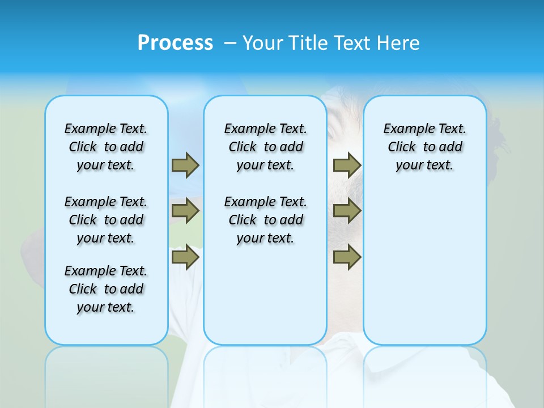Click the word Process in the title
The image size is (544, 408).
(x=175, y=43)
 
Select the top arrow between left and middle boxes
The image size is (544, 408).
(x=185, y=165)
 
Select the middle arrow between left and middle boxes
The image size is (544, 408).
(x=185, y=211)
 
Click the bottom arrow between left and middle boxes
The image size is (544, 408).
(x=185, y=257)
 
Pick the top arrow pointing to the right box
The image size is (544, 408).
(x=347, y=165)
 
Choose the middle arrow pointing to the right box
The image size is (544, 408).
(x=347, y=211)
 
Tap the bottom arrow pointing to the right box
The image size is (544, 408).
(x=347, y=257)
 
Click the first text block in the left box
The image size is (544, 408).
(x=106, y=147)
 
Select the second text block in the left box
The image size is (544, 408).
(x=106, y=220)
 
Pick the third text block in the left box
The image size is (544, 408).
(x=106, y=289)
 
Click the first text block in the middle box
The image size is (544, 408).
(x=265, y=147)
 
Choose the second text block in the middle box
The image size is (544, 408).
(x=265, y=220)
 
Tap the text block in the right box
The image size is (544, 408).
(x=424, y=147)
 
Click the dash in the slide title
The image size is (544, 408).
(x=230, y=43)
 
